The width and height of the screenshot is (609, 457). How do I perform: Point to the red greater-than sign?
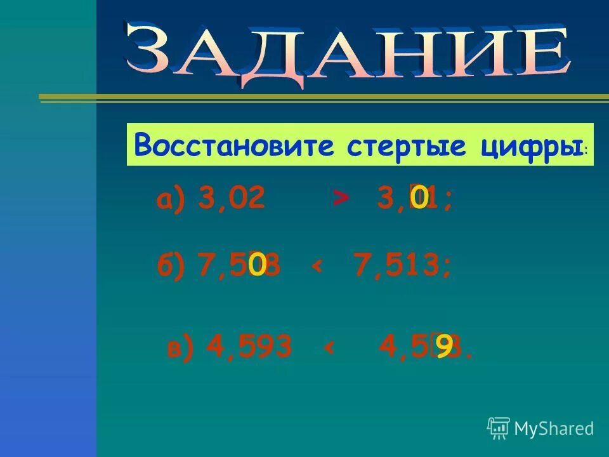[x=341, y=199]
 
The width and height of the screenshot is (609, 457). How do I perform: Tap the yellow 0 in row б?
[x=257, y=265]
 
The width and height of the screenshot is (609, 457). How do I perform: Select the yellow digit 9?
[x=445, y=347]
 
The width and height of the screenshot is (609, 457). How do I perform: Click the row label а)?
[x=170, y=201]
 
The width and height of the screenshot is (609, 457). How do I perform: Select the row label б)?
[x=171, y=265]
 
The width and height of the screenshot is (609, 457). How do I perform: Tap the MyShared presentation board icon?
[x=499, y=428]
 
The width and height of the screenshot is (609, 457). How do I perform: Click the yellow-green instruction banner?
[x=360, y=145]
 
